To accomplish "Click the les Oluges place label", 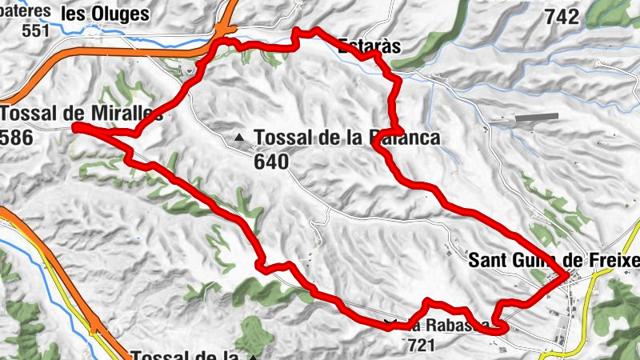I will (x=105, y=14).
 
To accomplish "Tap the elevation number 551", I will (x=36, y=31).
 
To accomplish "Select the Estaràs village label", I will (x=369, y=46).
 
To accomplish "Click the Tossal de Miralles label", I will (x=82, y=114).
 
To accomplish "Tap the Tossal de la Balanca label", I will (x=347, y=138).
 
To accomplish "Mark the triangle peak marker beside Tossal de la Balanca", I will (x=239, y=138).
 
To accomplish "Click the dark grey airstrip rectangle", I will (x=536, y=118).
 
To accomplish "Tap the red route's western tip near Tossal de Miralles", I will (x=74, y=126).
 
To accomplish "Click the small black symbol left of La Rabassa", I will (x=390, y=324).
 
